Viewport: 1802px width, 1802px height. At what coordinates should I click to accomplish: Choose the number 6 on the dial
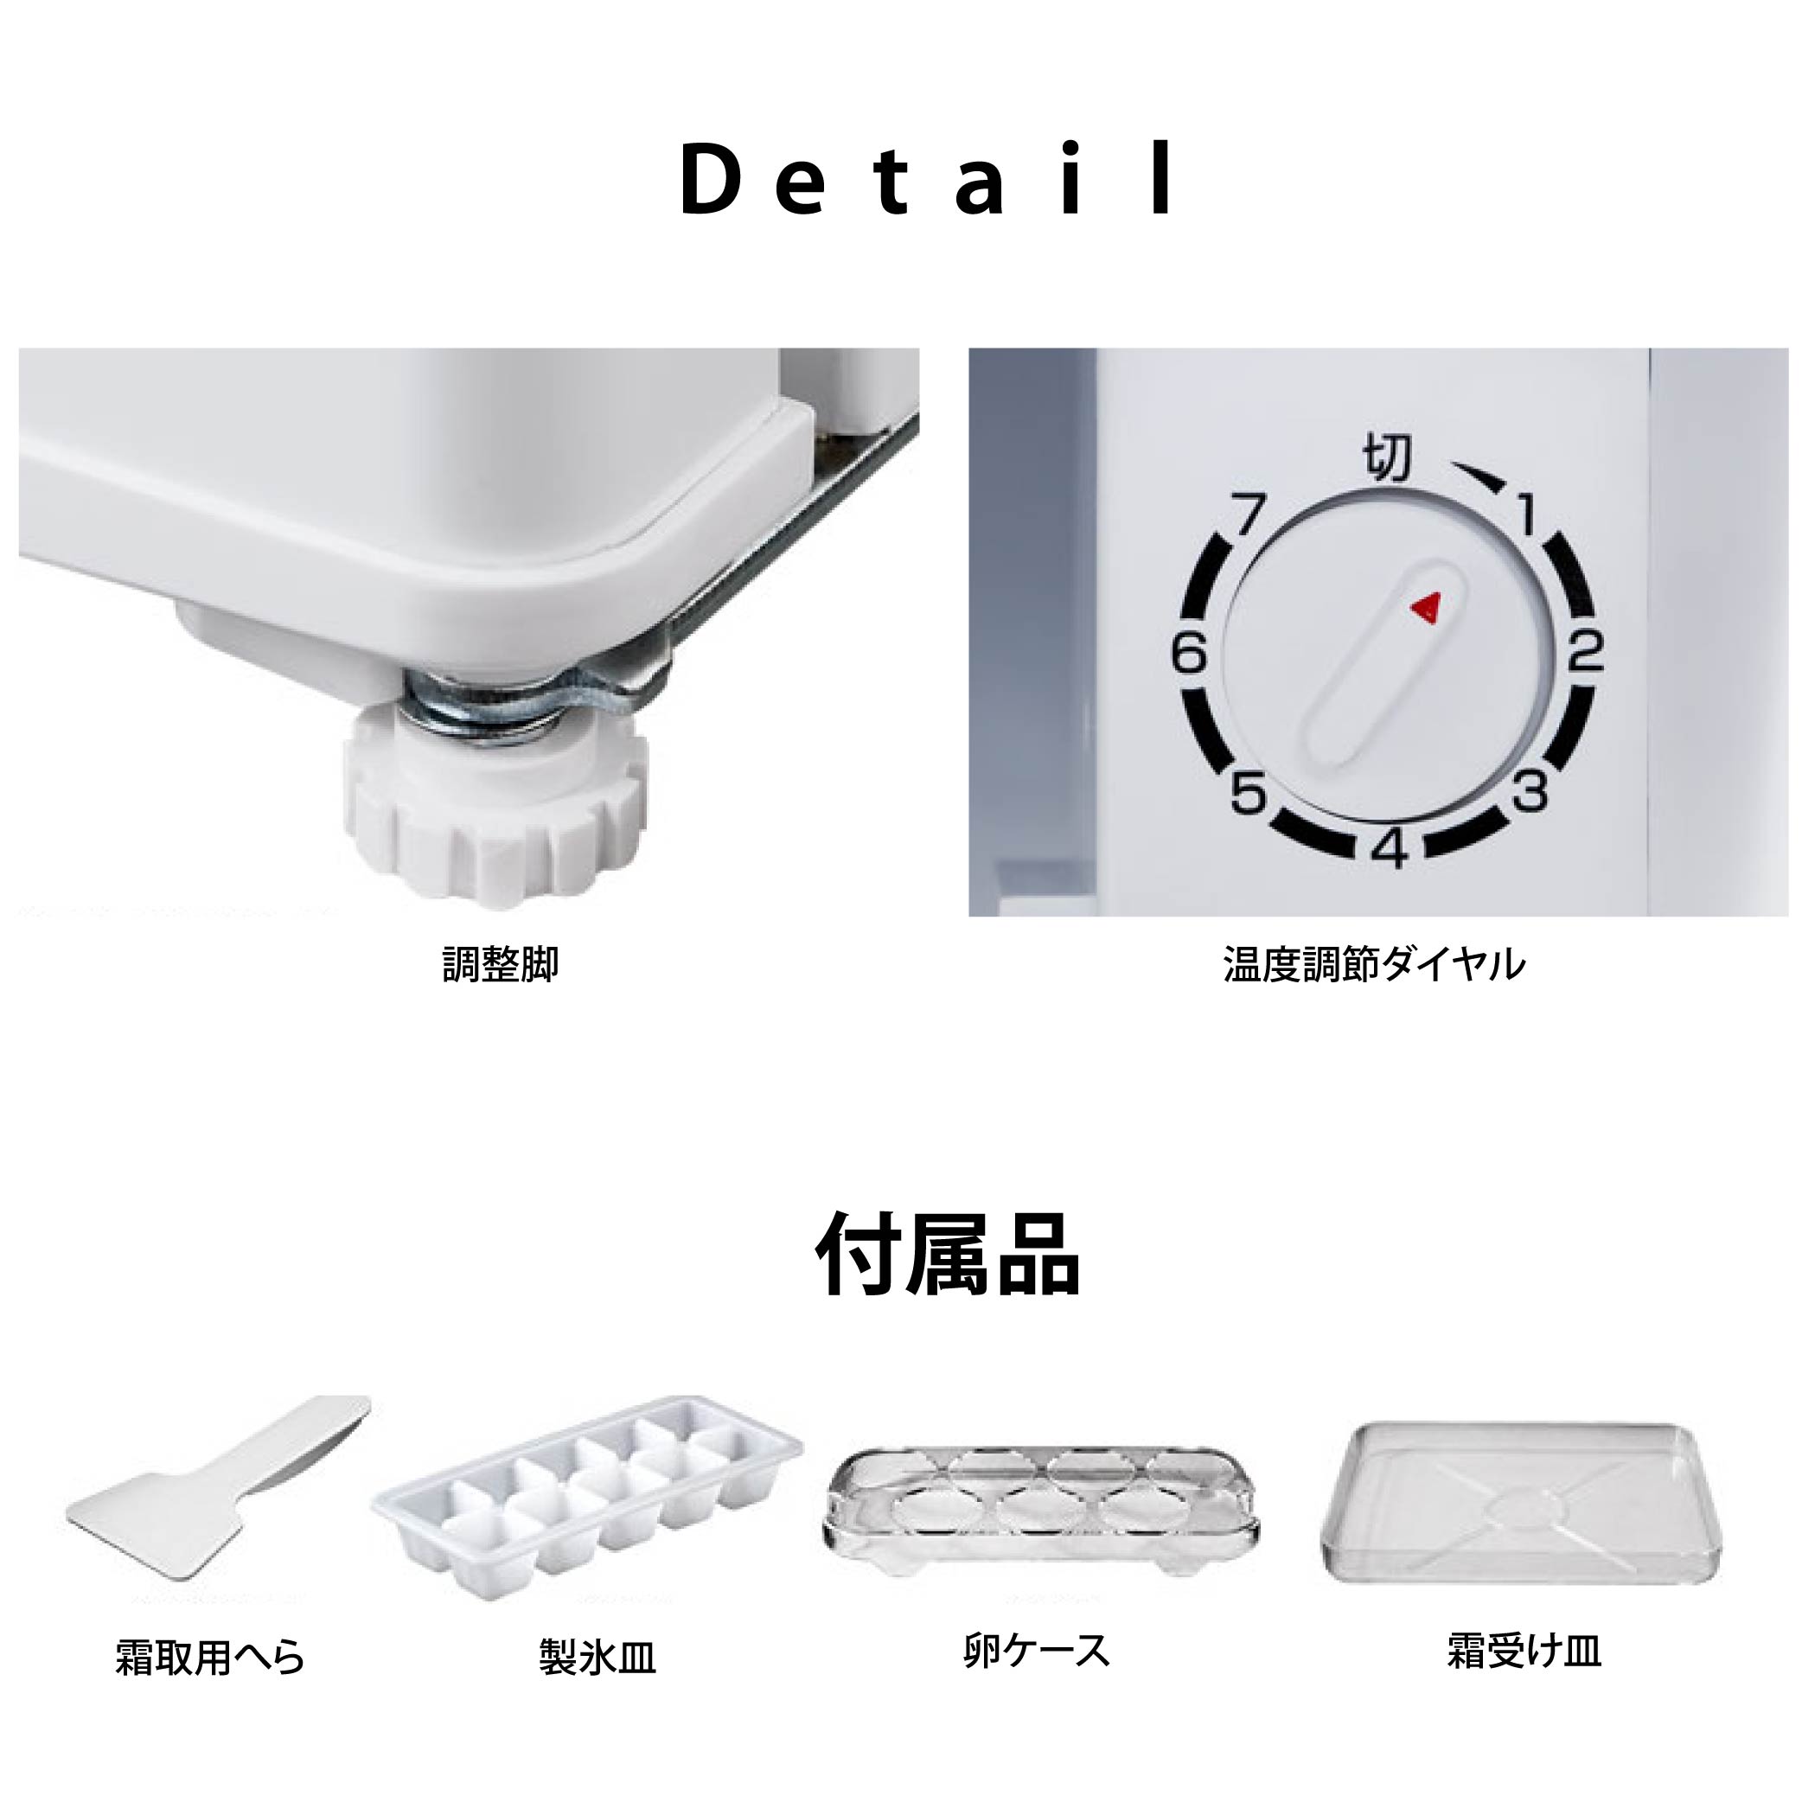tap(1189, 653)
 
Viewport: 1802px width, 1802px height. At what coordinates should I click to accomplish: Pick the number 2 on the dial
tap(1585, 652)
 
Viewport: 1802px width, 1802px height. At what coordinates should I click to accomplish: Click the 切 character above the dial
tap(1387, 458)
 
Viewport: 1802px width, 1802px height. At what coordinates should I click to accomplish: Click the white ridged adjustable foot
tap(494, 804)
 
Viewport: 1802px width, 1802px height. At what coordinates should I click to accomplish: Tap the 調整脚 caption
tap(501, 965)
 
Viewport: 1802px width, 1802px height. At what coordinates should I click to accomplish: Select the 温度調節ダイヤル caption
tap(1374, 964)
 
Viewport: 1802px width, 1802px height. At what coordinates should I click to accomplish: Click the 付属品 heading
tap(948, 1255)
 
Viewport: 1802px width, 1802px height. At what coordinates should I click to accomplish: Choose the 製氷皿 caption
tap(597, 1658)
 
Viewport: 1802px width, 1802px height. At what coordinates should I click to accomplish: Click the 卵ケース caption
tap(1036, 1650)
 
